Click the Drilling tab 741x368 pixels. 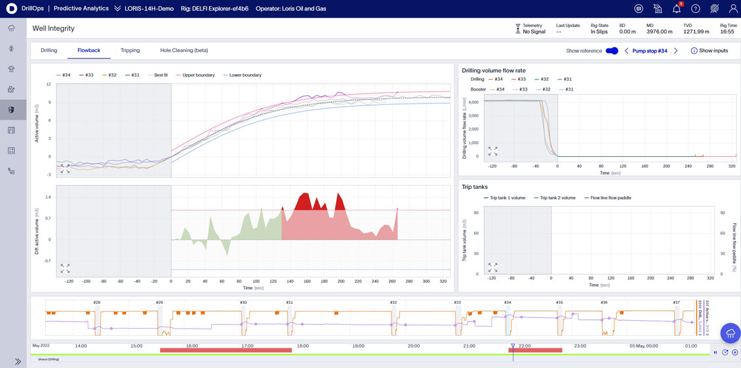[x=49, y=51]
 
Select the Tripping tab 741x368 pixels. [x=130, y=51]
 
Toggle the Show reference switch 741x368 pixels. [x=611, y=51]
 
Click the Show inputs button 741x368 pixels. [x=710, y=51]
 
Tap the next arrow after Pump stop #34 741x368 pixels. [x=676, y=51]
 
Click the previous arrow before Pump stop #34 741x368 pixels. [x=626, y=51]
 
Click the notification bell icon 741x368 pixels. [x=676, y=9]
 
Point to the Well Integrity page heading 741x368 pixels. [x=54, y=28]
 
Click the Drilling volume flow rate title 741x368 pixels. [x=493, y=70]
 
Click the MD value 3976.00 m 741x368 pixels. [x=659, y=31]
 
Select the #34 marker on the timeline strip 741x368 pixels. [x=508, y=303]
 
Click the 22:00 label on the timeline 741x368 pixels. [x=525, y=346]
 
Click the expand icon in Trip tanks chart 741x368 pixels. [x=492, y=268]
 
